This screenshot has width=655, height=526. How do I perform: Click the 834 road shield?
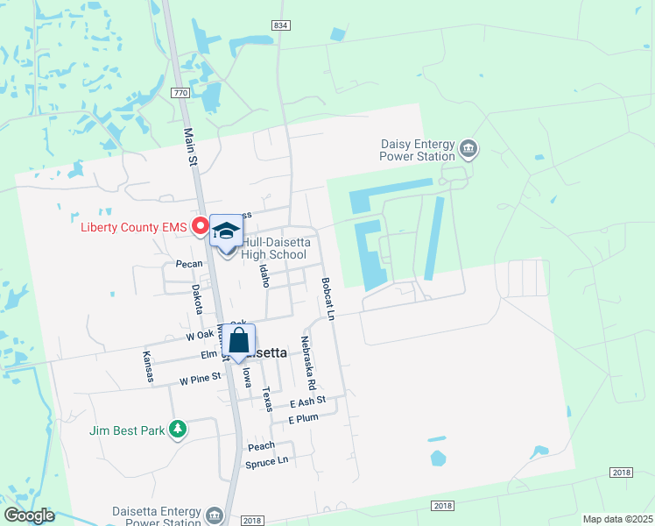(x=280, y=26)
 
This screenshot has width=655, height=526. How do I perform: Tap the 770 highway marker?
(x=180, y=92)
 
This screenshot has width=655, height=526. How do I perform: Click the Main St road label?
(x=189, y=146)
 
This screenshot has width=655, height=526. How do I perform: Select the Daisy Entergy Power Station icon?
(x=468, y=148)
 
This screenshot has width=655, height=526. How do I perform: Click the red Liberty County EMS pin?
(x=200, y=226)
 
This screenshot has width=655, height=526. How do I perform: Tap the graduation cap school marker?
(x=226, y=231)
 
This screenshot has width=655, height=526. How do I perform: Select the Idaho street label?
(x=264, y=275)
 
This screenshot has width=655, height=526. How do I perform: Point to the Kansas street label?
(x=148, y=366)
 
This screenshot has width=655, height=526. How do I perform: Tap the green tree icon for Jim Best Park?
(x=179, y=429)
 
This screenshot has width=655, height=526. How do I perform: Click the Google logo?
(x=28, y=515)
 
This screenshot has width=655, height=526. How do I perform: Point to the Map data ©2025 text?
(x=616, y=519)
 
